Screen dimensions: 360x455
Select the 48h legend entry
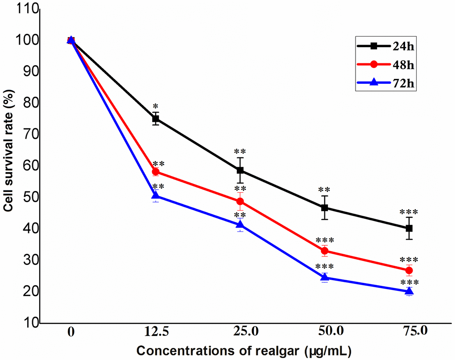tap(385, 64)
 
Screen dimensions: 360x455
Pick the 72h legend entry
tap(385, 83)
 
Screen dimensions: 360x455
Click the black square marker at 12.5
tap(156, 119)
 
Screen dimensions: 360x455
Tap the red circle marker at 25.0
tap(240, 201)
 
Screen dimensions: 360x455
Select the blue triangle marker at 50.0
tap(325, 278)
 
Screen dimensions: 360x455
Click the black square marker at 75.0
tap(409, 228)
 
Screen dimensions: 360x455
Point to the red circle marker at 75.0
tap(409, 270)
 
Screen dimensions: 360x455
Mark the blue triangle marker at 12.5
tap(156, 195)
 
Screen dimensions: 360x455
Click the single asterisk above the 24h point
tap(156, 107)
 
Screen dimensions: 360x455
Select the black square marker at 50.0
tap(325, 208)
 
